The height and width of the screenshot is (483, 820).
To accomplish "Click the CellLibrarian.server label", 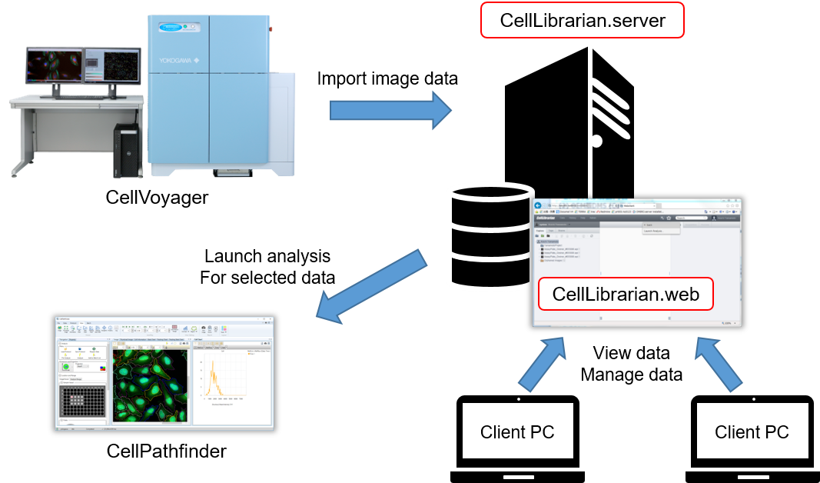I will click(582, 20).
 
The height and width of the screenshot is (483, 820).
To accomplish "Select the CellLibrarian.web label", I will click(626, 295).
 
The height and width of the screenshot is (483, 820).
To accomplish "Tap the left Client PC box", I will click(516, 431).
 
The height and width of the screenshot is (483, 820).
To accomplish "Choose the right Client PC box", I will click(752, 431).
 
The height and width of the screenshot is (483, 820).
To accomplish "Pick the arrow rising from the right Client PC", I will click(719, 362).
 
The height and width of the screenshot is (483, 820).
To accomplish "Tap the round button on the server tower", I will click(596, 141).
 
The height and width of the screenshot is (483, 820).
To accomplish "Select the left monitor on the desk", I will click(54, 66).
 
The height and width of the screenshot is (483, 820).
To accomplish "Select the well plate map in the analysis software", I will click(82, 400).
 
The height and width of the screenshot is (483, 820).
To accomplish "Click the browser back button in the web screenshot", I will click(539, 205).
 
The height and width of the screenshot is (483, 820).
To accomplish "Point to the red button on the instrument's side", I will click(271, 30).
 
